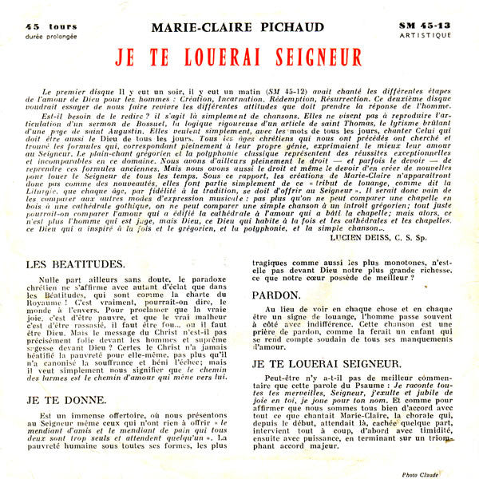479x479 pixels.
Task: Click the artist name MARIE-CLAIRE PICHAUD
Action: click(x=238, y=27)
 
